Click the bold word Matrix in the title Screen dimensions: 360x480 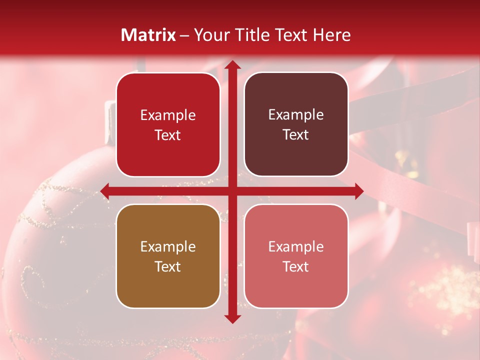click(x=148, y=35)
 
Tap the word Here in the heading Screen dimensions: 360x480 click(x=331, y=35)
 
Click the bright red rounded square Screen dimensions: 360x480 click(x=168, y=125)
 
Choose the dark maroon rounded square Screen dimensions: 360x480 click(x=296, y=125)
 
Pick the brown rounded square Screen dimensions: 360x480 click(x=168, y=256)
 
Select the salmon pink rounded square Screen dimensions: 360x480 click(x=296, y=256)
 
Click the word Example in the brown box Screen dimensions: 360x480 click(x=168, y=246)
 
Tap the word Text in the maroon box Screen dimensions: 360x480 click(x=296, y=135)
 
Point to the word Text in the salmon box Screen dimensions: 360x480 click(x=296, y=266)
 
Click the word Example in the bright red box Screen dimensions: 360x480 click(x=168, y=115)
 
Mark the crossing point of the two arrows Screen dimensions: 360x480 click(x=232, y=191)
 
